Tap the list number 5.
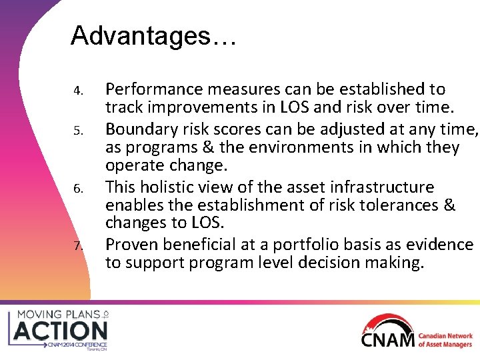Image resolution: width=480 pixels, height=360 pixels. (78, 129)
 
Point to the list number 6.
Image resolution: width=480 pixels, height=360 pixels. (78, 188)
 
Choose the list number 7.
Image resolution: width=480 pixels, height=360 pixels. (78, 247)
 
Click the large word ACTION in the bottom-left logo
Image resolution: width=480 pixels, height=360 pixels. (61, 330)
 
